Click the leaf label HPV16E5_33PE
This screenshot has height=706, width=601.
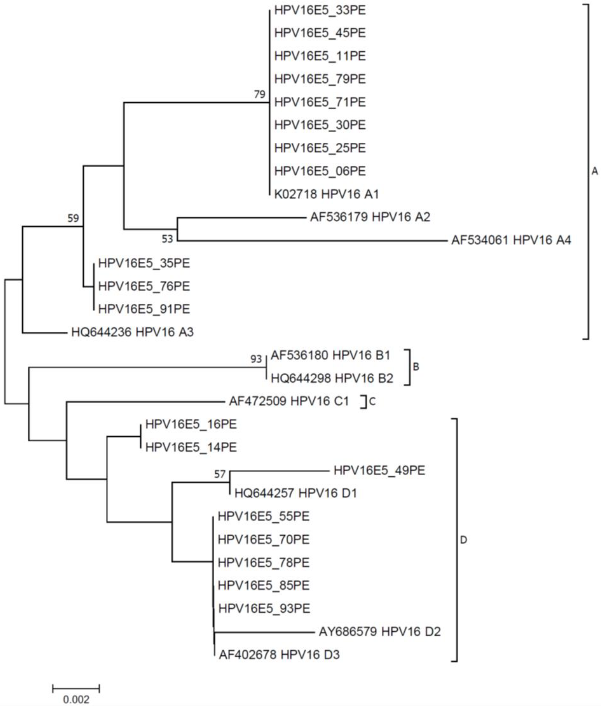[x=320, y=10]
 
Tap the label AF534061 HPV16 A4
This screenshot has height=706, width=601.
[x=511, y=240]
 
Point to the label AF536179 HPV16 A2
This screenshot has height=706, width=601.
[x=370, y=217]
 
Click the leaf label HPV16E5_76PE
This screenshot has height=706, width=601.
[x=144, y=286]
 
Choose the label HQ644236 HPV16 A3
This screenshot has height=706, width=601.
[x=132, y=332]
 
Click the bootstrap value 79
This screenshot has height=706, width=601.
[x=260, y=94]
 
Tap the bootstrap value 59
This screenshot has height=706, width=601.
[x=73, y=218]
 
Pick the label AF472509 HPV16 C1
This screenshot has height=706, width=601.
[x=289, y=401]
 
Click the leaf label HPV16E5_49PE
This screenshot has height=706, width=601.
[x=379, y=470]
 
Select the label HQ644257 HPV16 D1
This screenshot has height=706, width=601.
[x=295, y=493]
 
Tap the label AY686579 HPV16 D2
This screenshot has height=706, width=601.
[x=379, y=632]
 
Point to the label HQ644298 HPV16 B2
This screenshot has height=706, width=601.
[x=332, y=379]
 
